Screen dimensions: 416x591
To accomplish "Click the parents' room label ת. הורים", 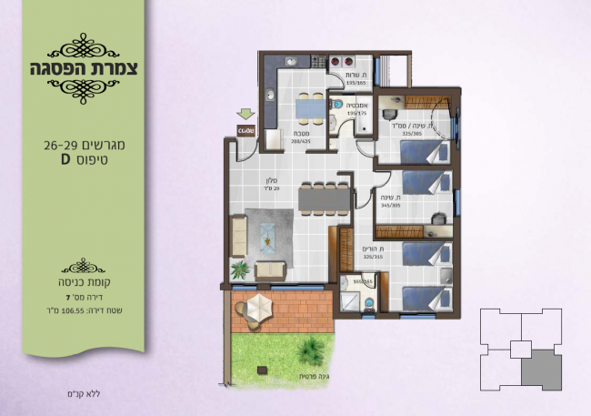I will [x=375, y=249].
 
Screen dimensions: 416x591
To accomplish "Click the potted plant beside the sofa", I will [x=241, y=269].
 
